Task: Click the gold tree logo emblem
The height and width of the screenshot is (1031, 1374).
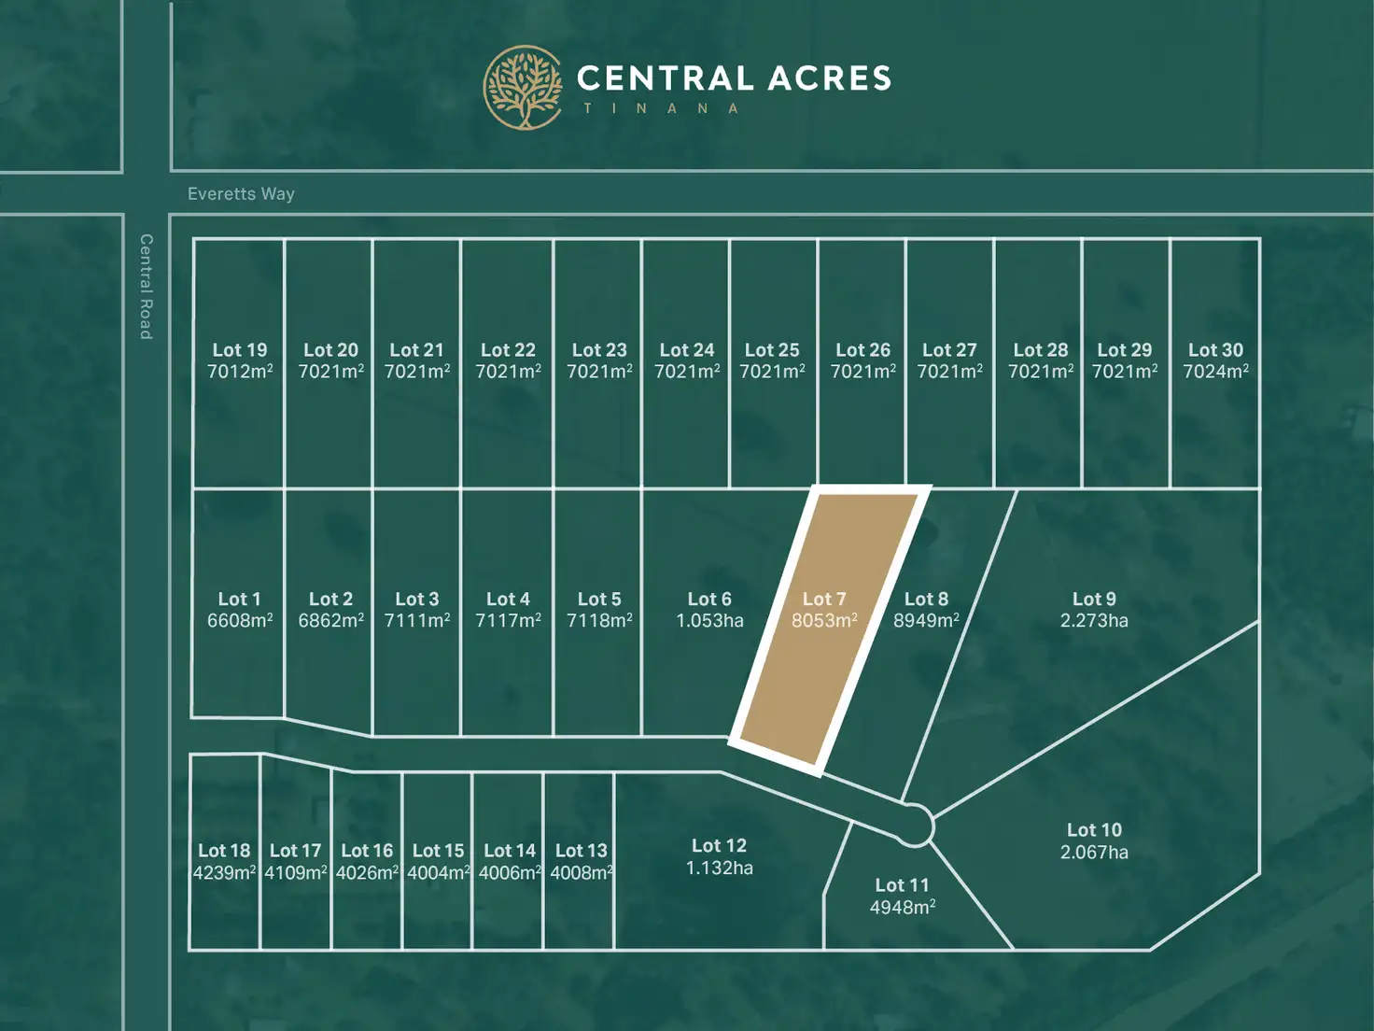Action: (x=523, y=88)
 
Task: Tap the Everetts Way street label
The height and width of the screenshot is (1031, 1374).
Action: (x=241, y=194)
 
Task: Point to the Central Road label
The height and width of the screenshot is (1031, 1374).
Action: (x=146, y=286)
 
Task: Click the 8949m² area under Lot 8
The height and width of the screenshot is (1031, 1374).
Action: (x=926, y=621)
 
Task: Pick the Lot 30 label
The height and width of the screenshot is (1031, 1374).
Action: (x=1215, y=350)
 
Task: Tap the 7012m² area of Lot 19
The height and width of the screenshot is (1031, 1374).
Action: (x=240, y=372)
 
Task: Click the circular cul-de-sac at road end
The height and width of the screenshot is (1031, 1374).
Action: (x=915, y=826)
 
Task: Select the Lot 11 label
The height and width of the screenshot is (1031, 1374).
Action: (x=902, y=885)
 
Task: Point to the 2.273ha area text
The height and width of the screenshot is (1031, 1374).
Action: (x=1094, y=621)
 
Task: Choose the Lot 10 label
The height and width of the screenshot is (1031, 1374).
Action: (x=1094, y=830)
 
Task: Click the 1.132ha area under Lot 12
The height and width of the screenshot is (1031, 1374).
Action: (x=719, y=869)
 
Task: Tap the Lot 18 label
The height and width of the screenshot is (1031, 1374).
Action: (x=224, y=851)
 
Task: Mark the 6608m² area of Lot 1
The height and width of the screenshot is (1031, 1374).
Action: (x=240, y=621)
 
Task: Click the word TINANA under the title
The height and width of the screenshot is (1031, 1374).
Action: (x=662, y=108)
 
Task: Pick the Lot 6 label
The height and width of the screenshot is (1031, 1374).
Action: (x=709, y=600)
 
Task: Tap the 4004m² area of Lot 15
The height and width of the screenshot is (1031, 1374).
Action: (x=438, y=873)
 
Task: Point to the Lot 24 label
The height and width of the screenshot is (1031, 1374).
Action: (x=687, y=350)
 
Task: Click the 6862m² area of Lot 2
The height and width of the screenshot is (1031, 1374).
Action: (x=330, y=621)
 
